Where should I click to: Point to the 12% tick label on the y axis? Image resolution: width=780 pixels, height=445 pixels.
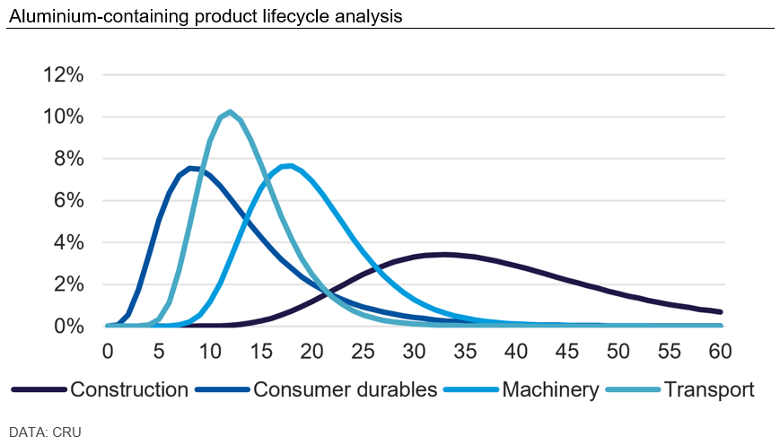64,74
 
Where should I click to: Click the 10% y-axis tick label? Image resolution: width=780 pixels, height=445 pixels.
64,117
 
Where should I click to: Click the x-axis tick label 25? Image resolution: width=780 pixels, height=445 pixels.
363,351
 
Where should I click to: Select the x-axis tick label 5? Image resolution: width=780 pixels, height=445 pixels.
158,351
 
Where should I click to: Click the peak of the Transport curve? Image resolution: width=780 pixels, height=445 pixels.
231,111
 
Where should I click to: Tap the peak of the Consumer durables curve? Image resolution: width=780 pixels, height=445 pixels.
190,168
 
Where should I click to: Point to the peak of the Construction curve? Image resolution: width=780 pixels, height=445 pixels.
445,254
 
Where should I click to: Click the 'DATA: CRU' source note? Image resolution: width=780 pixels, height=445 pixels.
45,432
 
